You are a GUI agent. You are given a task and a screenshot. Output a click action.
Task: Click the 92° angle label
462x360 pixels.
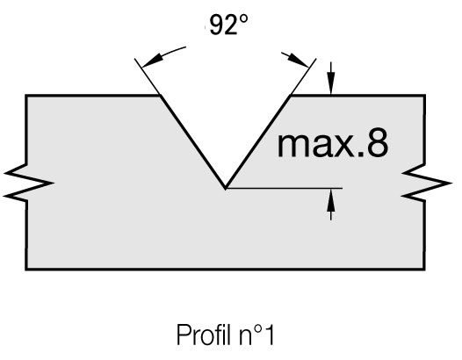tap(228, 25)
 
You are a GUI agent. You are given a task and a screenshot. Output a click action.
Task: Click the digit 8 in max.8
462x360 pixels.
tap(378, 142)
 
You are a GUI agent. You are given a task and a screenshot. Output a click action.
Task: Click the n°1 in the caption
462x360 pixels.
tap(256, 335)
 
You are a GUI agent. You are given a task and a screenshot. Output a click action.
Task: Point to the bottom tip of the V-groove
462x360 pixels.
tap(226, 188)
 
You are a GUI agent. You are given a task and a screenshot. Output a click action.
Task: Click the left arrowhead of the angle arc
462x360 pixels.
tap(152, 60)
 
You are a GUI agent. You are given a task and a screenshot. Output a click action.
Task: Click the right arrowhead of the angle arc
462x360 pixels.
tap(299, 60)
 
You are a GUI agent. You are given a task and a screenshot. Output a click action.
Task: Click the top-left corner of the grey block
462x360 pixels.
tap(26, 96)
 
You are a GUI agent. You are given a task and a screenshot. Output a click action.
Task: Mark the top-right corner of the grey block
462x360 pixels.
tap(424, 96)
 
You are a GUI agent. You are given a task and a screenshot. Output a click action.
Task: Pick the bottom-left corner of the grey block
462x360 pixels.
tap(26, 269)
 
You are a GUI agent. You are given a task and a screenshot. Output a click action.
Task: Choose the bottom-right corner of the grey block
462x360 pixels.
tap(424, 269)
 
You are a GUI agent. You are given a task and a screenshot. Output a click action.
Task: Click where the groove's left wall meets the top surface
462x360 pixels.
tap(161, 96)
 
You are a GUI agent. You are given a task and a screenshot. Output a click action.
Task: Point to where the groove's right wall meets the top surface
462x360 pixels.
tap(291, 96)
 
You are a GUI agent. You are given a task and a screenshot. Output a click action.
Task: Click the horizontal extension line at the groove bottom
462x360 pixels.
tap(284, 188)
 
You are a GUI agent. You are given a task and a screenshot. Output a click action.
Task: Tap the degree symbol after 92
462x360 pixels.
tap(243, 19)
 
